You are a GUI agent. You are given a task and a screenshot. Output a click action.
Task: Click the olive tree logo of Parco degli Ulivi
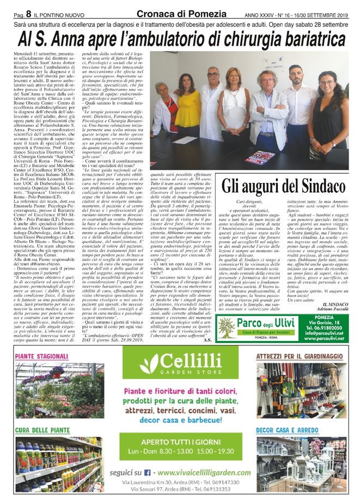[226, 328]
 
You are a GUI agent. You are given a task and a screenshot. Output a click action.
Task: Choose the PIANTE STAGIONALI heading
[41, 356]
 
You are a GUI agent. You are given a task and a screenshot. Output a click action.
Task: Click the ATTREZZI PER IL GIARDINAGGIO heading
[298, 356]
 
